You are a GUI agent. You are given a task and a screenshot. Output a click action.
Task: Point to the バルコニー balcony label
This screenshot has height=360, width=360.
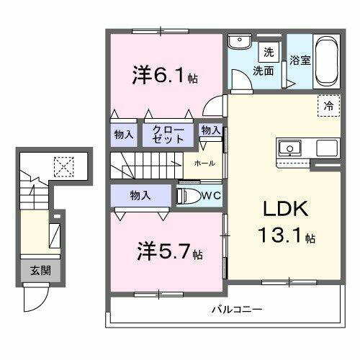click(236, 310)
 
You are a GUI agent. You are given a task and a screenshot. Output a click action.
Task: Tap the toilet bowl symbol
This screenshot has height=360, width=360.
click(189, 195)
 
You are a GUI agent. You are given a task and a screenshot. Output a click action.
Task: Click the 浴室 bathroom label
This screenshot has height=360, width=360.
click(300, 60)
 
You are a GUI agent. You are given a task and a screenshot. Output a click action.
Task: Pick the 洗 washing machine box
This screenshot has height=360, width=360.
click(268, 51)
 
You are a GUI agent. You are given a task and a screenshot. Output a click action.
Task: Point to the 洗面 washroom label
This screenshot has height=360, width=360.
click(263, 71)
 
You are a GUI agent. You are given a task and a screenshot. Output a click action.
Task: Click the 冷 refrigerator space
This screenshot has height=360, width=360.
click(328, 105)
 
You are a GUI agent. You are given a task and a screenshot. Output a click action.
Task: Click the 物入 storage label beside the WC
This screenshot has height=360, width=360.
click(140, 194)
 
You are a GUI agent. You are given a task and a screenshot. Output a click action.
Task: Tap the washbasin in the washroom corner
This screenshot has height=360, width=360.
click(237, 42)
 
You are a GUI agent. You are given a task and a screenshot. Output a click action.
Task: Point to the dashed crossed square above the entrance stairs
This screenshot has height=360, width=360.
click(64, 166)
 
